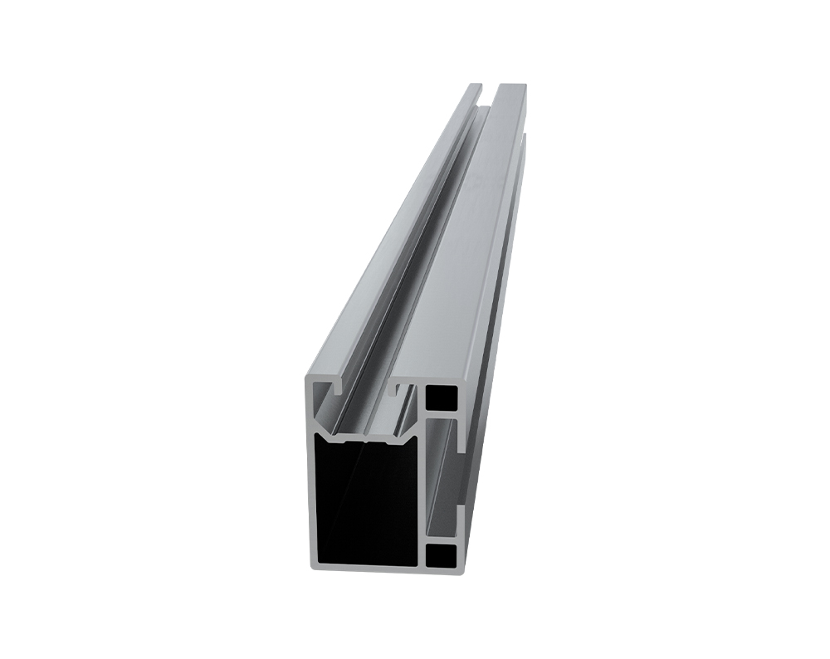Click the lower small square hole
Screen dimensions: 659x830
point(444,556)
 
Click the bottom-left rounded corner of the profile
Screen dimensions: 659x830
point(314,567)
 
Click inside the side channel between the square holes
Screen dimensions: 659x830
point(444,477)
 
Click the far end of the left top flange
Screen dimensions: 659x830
point(474,85)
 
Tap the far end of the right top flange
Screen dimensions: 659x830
point(510,85)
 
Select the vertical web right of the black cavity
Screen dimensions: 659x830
point(422,498)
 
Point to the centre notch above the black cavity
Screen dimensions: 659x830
point(364,437)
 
